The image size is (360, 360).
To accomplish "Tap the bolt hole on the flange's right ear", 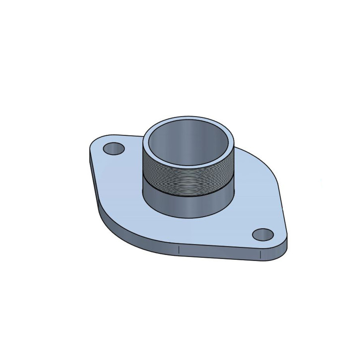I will click(x=263, y=234).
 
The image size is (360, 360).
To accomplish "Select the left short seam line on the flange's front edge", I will click(x=178, y=251).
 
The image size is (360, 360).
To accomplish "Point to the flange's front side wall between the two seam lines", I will click(x=218, y=253).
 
